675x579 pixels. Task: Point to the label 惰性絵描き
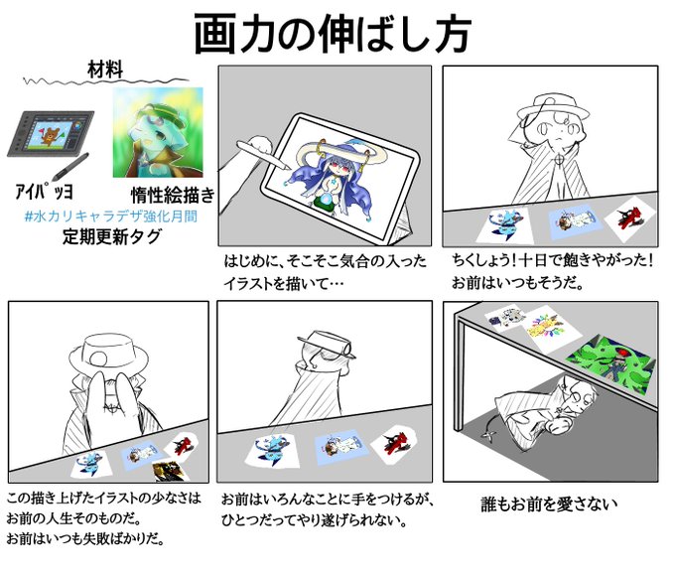pos(166,195)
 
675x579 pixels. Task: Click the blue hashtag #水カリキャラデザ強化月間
pos(110,216)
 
